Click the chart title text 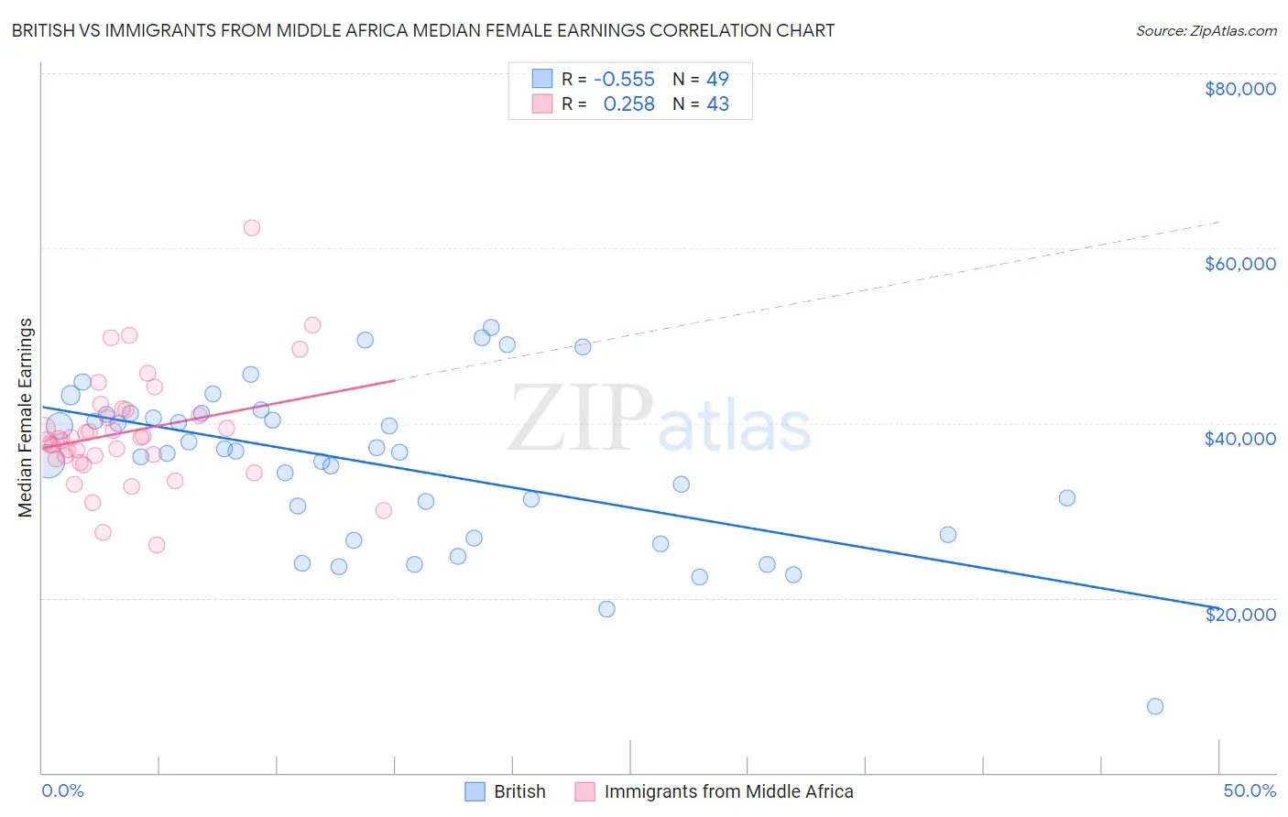[x=422, y=30]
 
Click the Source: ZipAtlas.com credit [x=1206, y=30]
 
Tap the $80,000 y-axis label [x=1239, y=89]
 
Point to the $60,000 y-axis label [x=1239, y=264]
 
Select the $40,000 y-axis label [x=1239, y=439]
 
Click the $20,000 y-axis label [x=1239, y=614]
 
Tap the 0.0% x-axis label [x=62, y=790]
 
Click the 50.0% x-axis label [x=1249, y=790]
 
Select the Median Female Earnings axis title [x=26, y=418]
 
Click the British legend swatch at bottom [x=475, y=791]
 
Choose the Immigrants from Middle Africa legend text [x=728, y=791]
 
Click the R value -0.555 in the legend [x=624, y=79]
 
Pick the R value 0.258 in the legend [x=628, y=104]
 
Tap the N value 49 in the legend [x=717, y=79]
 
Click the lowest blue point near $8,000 [x=1155, y=706]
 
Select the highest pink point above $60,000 [x=252, y=228]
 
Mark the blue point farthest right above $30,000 [x=1067, y=498]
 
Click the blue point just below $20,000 [x=606, y=609]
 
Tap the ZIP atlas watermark [x=660, y=418]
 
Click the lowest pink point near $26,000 [x=157, y=545]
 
